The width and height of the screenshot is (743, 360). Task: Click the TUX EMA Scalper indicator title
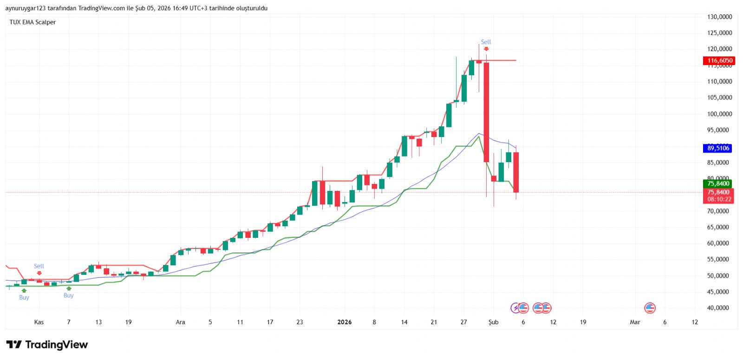click(33, 22)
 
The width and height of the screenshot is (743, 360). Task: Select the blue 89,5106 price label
click(718, 148)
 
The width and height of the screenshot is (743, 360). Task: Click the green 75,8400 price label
click(718, 183)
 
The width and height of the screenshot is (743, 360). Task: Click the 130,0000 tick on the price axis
click(719, 17)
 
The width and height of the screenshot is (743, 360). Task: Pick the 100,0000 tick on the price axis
click(719, 114)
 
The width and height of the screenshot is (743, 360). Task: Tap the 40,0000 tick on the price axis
click(719, 308)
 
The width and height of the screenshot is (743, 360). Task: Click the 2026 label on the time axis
click(345, 322)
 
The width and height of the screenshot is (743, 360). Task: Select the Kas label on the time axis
click(39, 322)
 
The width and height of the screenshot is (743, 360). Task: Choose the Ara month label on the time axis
click(180, 322)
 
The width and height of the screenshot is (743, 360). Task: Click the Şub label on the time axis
click(493, 322)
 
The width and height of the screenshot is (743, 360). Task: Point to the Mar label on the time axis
click(635, 322)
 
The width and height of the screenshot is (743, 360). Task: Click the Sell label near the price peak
click(486, 42)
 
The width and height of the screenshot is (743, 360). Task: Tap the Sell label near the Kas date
click(39, 266)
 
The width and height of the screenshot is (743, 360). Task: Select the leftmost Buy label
click(24, 297)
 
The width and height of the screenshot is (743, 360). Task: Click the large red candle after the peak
click(486, 111)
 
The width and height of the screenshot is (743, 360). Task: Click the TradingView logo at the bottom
click(47, 345)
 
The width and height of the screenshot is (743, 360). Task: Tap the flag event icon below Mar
click(650, 308)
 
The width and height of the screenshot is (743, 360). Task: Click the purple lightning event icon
click(515, 308)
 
